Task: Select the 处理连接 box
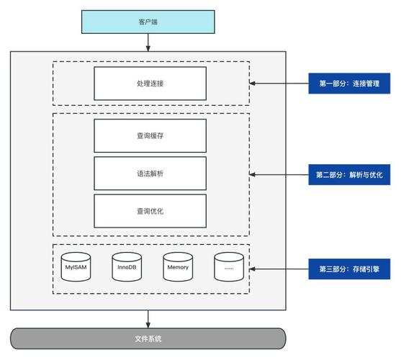coord(150,83)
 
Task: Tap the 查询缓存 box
coord(150,136)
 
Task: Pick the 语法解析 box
coord(150,174)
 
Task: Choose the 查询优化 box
coord(150,211)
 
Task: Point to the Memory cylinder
coord(177,267)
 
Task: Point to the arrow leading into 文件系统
coord(148,318)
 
